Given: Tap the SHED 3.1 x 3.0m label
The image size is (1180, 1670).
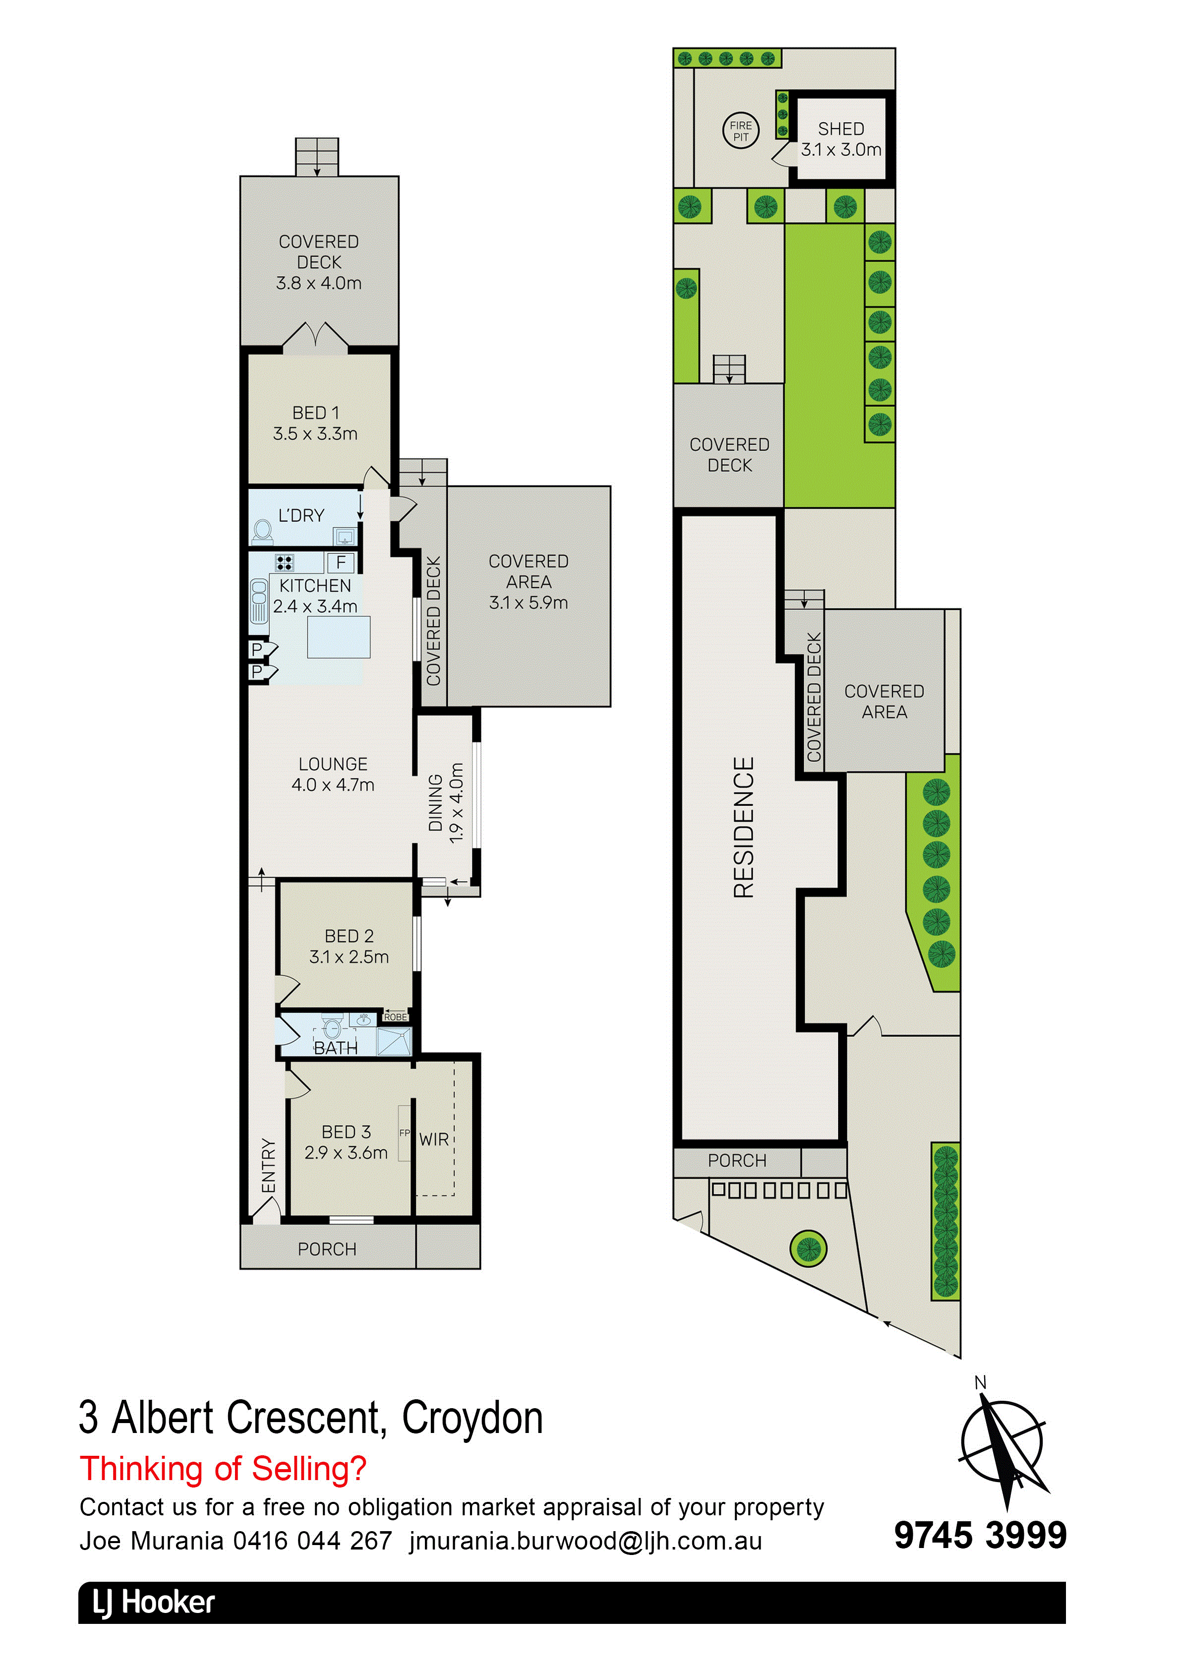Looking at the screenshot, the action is pos(841,139).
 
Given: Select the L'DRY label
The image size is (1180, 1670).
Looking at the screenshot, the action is pos(301,515).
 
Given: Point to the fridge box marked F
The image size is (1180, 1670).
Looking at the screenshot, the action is pos(341,562).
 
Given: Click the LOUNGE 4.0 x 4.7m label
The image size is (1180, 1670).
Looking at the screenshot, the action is pos(333,774).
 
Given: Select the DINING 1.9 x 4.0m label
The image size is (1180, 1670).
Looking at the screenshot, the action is pos(446,802).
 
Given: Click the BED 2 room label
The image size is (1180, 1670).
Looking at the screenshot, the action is pos(349,946).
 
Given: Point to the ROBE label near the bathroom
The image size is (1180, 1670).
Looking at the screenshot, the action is pos(395,1017).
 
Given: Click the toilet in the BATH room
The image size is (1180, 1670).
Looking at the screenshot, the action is pos(332,1028).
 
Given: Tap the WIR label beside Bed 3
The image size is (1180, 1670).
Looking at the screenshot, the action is pos(434,1140).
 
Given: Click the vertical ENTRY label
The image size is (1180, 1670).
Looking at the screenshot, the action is pos(268,1165).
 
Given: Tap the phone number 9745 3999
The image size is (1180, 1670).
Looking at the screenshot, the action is pos(980,1536).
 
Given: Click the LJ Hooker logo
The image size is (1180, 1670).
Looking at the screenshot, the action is pos(154,1603).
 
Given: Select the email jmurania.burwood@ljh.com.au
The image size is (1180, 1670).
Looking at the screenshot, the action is pos(586,1541).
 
